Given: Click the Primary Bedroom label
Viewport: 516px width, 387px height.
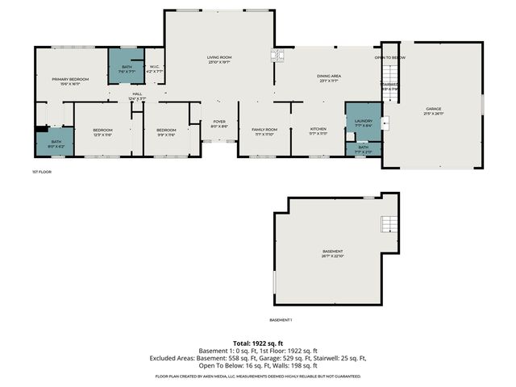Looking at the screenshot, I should [70, 79].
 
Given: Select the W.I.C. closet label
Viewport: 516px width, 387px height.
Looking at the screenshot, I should [156, 69].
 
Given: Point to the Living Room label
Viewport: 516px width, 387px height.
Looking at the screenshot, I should [219, 59].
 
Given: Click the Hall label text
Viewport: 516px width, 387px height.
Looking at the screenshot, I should [137, 94].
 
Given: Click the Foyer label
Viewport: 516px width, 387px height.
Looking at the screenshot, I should [219, 123].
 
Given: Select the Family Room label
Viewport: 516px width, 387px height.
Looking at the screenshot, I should [264, 131].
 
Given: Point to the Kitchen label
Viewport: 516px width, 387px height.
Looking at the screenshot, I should [319, 131].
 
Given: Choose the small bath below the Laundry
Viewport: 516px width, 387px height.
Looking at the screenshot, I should [364, 148].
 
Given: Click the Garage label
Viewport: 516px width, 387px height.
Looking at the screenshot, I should [434, 110].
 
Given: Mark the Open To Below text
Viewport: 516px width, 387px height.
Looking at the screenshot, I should [389, 58].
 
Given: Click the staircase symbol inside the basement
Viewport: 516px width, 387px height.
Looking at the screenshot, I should [389, 223].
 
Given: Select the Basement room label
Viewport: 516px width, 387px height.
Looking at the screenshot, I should [332, 252].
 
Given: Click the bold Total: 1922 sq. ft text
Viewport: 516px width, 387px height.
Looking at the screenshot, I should [258, 343].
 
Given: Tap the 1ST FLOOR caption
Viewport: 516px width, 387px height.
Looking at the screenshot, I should [42, 172].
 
